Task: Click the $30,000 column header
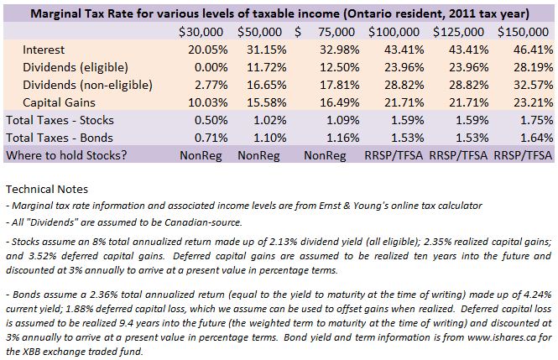pyautogui.click(x=201, y=32)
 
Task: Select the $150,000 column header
pyautogui.click(x=523, y=32)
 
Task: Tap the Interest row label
pyautogui.click(x=44, y=50)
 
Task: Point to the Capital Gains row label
pyautogui.click(x=59, y=102)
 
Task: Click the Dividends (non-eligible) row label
pyautogui.click(x=87, y=85)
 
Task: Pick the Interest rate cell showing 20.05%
pyautogui.click(x=208, y=50)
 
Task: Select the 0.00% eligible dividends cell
pyautogui.click(x=211, y=67)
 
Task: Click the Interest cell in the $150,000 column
pyautogui.click(x=533, y=50)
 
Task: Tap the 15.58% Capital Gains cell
pyautogui.click(x=267, y=102)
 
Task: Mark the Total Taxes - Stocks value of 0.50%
pyautogui.click(x=211, y=120)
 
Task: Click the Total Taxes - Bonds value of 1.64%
pyautogui.click(x=537, y=138)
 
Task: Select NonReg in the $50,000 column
pyautogui.click(x=258, y=155)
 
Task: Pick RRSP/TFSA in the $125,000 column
pyautogui.click(x=458, y=155)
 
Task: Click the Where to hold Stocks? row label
pyautogui.click(x=66, y=155)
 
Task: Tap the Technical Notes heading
pyautogui.click(x=47, y=189)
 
